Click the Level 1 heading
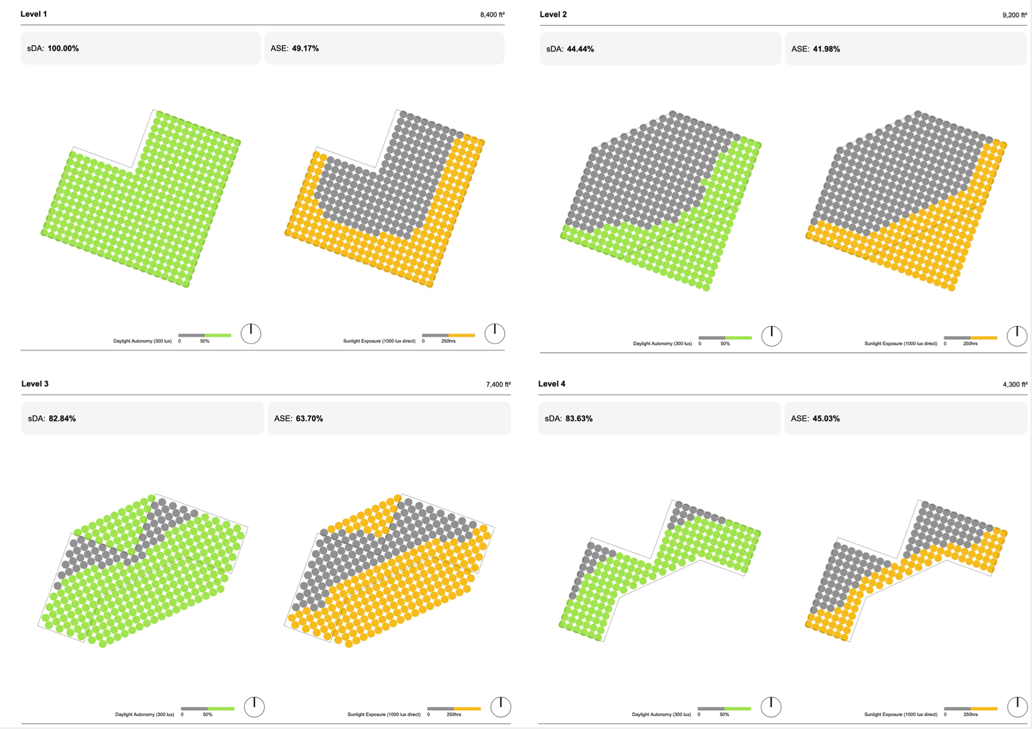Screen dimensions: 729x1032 (33, 14)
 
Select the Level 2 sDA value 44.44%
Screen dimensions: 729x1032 (580, 49)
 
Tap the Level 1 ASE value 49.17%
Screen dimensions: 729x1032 (305, 48)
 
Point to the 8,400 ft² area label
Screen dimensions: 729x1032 (492, 15)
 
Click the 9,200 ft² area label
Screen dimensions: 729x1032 (1014, 15)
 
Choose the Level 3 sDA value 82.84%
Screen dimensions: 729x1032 (62, 418)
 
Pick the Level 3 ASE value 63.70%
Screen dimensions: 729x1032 (309, 418)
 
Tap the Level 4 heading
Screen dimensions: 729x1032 (551, 384)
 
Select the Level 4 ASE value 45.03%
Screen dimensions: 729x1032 (826, 418)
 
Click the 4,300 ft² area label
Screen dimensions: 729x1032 (1015, 384)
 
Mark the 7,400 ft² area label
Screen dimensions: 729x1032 (498, 384)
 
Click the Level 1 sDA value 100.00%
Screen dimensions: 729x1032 (63, 48)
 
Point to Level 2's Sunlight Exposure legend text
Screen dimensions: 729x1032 (900, 343)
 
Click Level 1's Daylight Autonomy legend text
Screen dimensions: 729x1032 (142, 341)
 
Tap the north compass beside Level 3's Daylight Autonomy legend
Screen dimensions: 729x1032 (254, 706)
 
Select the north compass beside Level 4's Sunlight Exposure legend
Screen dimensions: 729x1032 (1017, 706)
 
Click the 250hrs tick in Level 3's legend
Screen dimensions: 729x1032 (454, 714)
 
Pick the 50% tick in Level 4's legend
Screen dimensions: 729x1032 (724, 714)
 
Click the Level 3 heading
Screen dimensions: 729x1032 (35, 384)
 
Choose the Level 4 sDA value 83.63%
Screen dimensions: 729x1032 (578, 418)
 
